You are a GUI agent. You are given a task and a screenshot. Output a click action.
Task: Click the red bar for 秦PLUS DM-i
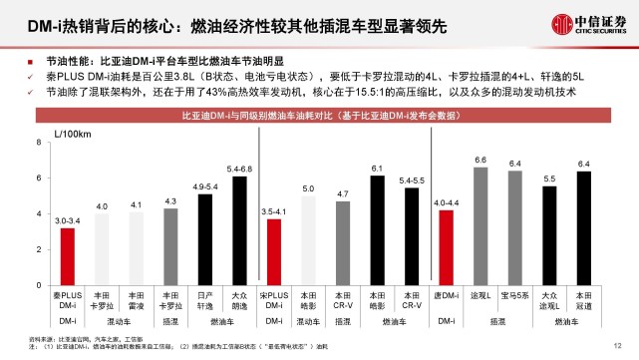tap(67, 255)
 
